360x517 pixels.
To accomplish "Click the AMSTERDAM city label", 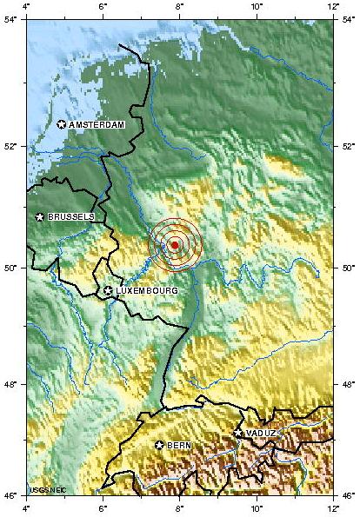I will [97, 125].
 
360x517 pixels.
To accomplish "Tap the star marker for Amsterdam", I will [62, 124].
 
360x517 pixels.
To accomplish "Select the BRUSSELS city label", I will [71, 216].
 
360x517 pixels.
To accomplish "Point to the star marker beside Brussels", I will [40, 216].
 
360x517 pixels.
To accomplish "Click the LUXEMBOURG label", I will [147, 290].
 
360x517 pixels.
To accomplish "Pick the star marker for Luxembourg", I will [108, 290].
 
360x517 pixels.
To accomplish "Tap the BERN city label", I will [179, 446].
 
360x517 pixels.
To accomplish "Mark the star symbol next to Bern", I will [159, 445].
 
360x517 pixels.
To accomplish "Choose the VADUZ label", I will [262, 433].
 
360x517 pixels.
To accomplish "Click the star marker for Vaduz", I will [238, 432].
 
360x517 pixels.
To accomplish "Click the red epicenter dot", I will [175, 245].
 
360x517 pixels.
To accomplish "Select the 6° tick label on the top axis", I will [103, 7].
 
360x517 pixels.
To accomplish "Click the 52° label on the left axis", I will [13, 145].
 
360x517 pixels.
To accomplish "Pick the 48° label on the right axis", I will [345, 384].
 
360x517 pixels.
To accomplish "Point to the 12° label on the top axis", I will [332, 7].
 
